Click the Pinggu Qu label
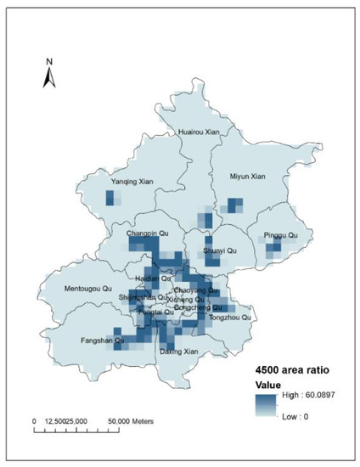pyautogui.click(x=281, y=235)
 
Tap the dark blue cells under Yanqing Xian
pyautogui.click(x=110, y=198)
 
